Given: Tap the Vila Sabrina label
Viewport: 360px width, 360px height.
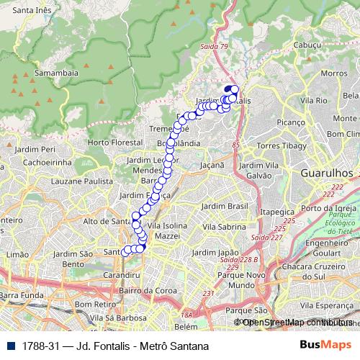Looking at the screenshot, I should (x=223, y=226).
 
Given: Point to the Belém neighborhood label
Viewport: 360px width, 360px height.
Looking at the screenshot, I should (x=185, y=326).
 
